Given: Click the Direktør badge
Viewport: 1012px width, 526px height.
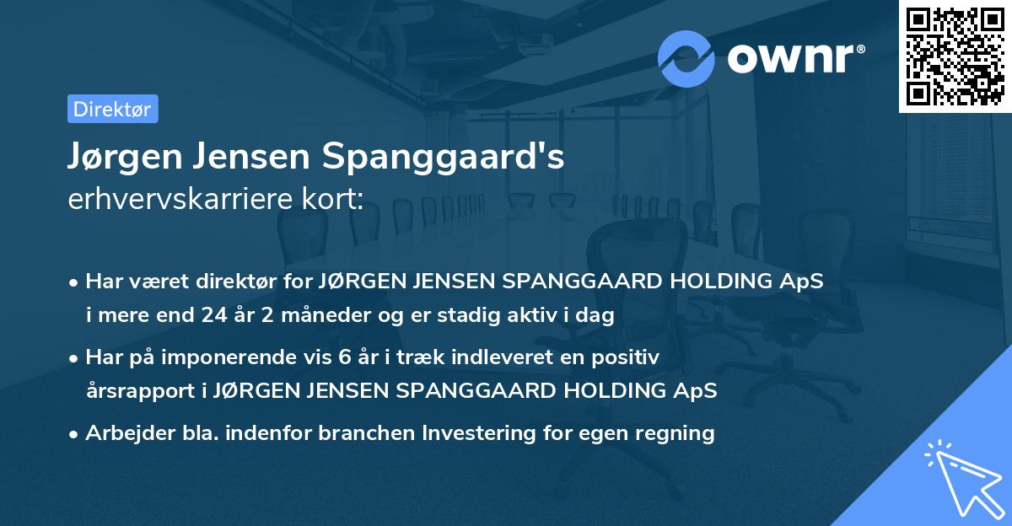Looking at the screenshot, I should pyautogui.click(x=112, y=109).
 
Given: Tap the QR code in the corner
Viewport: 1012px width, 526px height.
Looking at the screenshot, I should pyautogui.click(x=954, y=56).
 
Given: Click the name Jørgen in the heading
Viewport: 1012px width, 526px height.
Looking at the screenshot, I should pyautogui.click(x=121, y=157).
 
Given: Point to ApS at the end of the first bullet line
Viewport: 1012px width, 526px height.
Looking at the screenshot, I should pyautogui.click(x=803, y=282).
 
